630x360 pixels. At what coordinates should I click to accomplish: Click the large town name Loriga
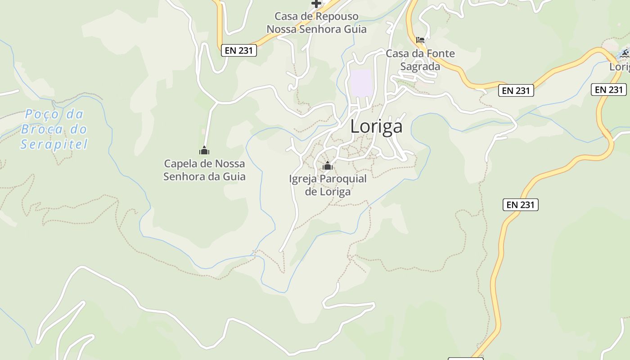click(376, 127)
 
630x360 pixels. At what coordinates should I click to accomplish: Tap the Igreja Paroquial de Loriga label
click(328, 185)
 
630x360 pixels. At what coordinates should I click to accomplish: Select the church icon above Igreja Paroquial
click(328, 166)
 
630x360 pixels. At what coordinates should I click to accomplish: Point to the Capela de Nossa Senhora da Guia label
click(204, 170)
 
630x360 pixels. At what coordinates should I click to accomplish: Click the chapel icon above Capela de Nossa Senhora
click(204, 150)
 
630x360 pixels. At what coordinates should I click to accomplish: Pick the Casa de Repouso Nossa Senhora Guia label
click(316, 23)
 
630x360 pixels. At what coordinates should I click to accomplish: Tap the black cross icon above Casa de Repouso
click(316, 4)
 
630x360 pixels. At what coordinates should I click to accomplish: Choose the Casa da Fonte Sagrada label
click(420, 60)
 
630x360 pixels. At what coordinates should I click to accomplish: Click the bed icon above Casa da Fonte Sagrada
click(420, 40)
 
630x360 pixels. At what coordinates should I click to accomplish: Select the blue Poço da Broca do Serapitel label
click(54, 129)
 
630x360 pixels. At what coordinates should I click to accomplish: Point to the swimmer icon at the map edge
click(625, 54)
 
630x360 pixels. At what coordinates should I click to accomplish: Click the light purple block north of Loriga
click(361, 83)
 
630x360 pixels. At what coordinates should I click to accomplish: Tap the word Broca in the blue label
click(42, 130)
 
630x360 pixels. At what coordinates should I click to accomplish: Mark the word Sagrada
click(420, 67)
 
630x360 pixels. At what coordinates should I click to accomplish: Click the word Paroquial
click(343, 179)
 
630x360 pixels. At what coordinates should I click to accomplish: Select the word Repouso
click(337, 17)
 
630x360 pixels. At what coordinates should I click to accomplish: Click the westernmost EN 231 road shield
click(239, 50)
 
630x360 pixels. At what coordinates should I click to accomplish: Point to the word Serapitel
click(54, 144)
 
